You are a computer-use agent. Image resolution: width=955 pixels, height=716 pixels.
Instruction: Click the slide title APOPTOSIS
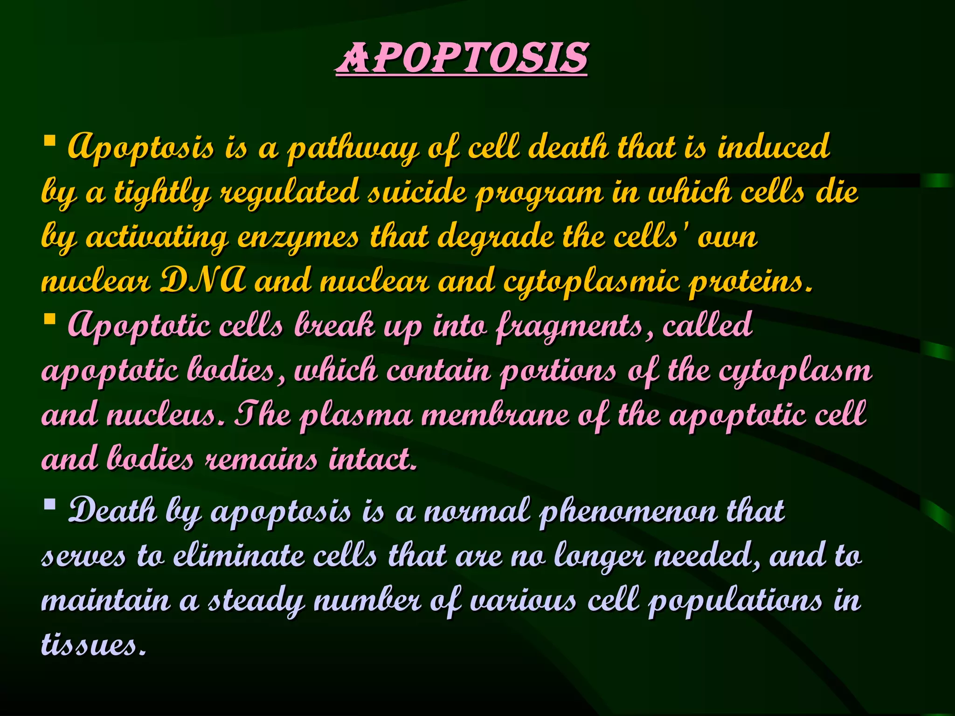click(x=462, y=58)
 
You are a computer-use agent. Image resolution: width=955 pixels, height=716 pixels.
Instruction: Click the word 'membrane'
click(x=495, y=415)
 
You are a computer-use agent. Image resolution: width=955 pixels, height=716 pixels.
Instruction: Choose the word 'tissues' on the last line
click(x=93, y=645)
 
